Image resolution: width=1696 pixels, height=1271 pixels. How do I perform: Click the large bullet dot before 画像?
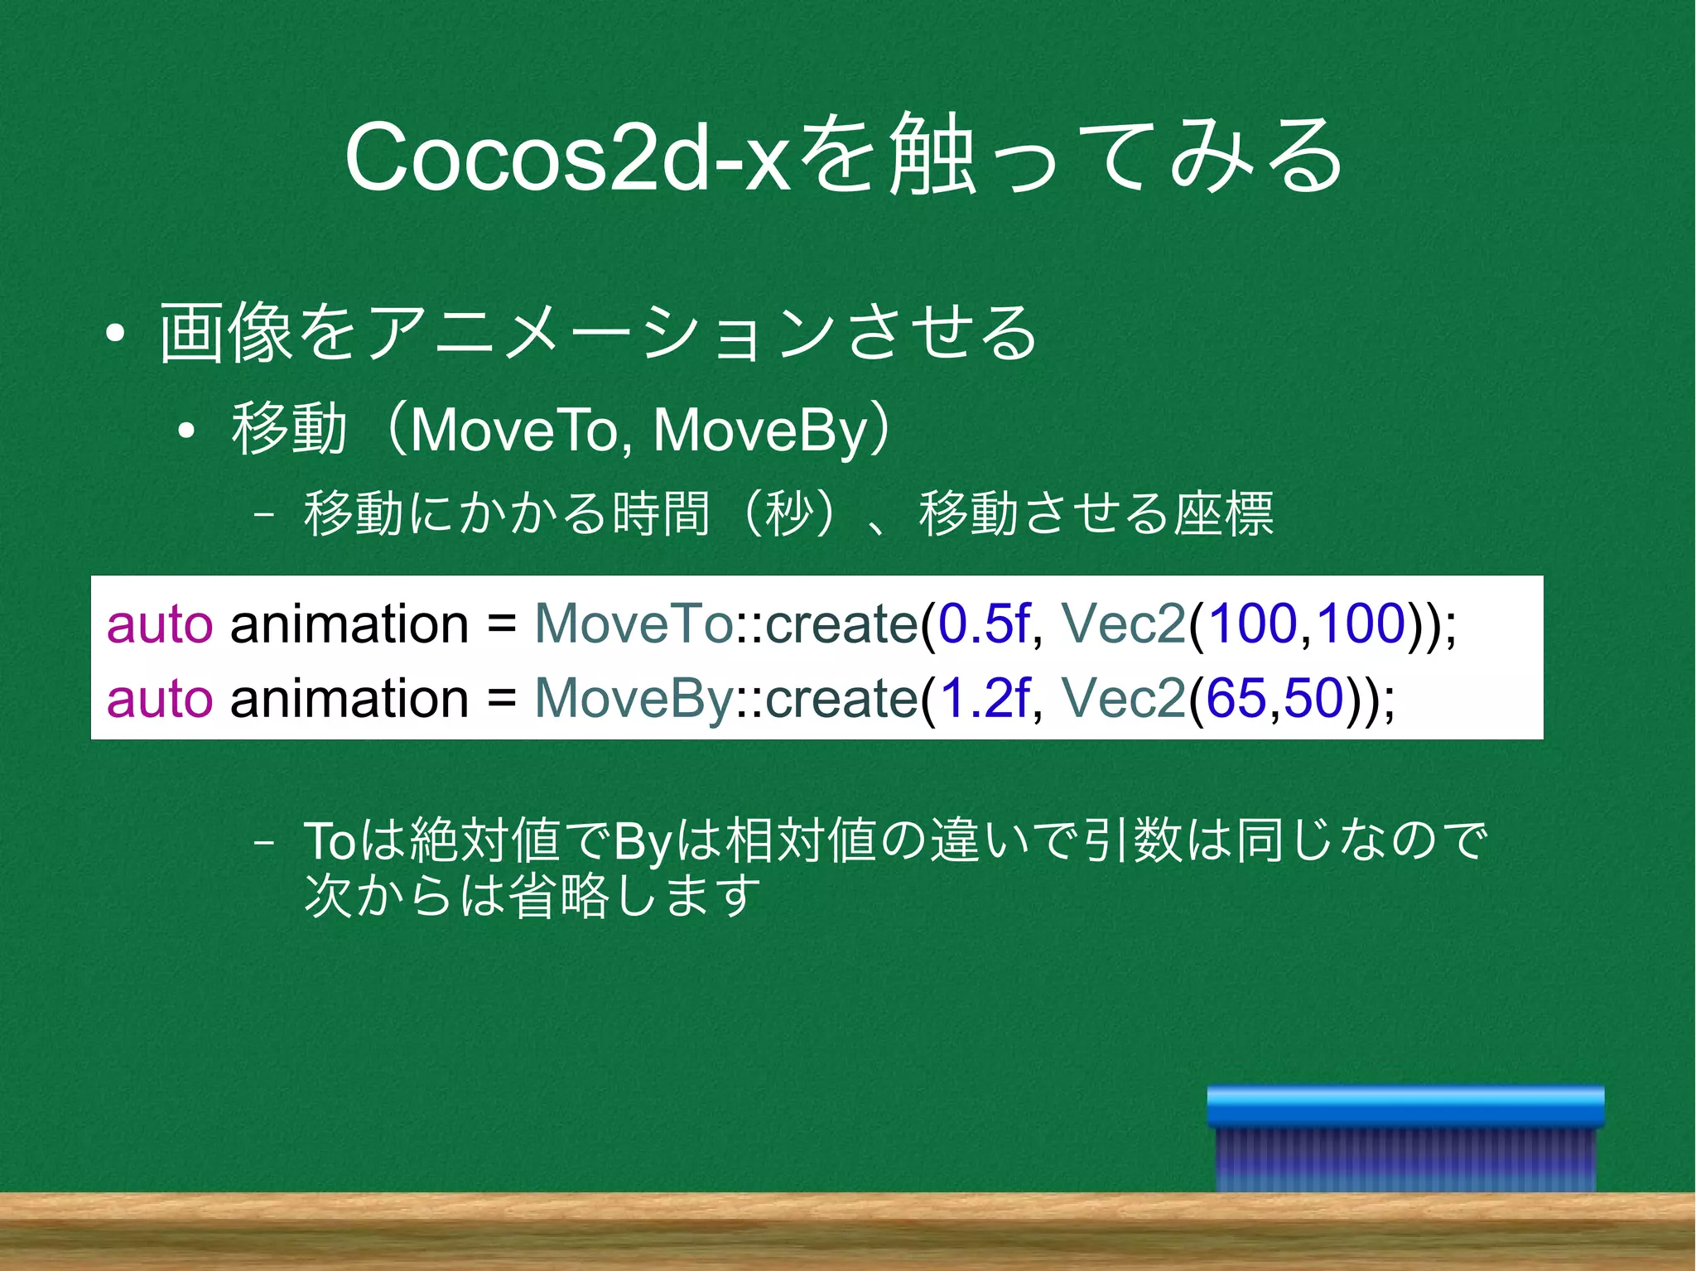[116, 334]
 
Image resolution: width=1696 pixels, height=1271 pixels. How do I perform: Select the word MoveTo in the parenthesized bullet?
[513, 431]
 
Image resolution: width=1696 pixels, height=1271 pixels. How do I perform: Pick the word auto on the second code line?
[159, 698]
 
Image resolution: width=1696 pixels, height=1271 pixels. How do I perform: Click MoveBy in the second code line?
[634, 698]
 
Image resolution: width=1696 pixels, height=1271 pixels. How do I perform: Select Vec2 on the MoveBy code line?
[1123, 698]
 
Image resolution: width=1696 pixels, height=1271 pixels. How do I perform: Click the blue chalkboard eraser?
[1405, 1139]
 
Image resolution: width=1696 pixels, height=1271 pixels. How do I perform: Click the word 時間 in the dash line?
[661, 513]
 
